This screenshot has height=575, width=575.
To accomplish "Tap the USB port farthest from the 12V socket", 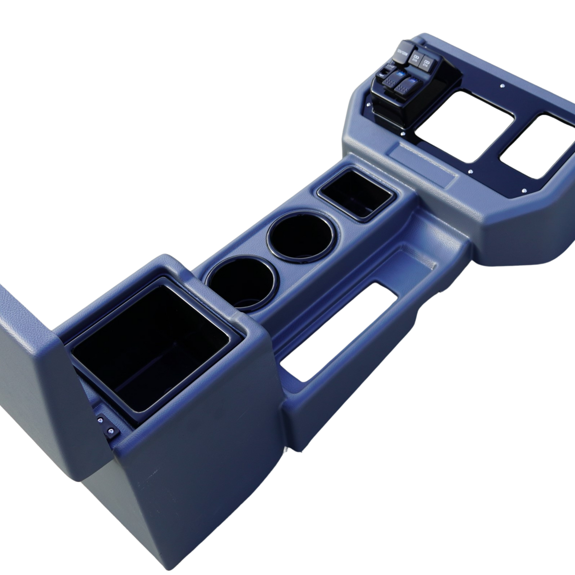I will coord(426,63).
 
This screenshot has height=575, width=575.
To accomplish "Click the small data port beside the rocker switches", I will coord(385,73).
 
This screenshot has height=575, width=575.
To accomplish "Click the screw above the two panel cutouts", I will coord(502,86).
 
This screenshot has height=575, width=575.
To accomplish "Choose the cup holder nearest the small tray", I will coord(299,235).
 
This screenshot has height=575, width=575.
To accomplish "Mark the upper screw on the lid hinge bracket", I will coord(101,421).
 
